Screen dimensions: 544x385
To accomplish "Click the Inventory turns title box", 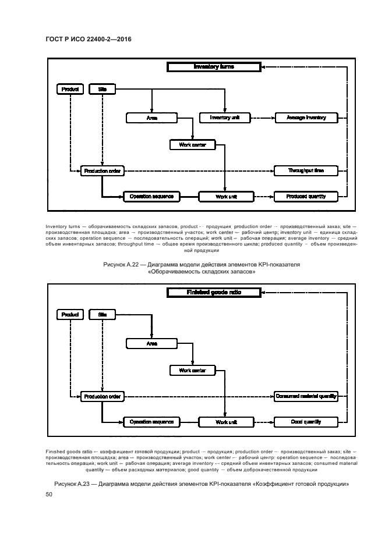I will (213, 67).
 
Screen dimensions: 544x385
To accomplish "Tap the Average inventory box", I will (306, 118).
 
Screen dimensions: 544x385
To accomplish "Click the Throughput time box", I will (306, 171).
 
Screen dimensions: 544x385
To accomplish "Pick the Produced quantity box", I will (306, 197).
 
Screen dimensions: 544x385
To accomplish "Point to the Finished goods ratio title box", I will (213, 292).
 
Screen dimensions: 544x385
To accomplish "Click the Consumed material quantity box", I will (306, 397).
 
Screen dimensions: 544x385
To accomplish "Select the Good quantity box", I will (306, 422).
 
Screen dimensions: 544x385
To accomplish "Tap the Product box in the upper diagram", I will (70, 89).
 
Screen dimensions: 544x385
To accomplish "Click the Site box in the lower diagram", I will (103, 314).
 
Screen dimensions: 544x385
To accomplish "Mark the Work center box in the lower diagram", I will (192, 370).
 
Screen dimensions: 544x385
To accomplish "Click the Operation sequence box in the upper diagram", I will (151, 197).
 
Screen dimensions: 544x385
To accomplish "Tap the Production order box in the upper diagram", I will (102, 171).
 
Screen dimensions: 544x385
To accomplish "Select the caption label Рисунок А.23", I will (74, 483).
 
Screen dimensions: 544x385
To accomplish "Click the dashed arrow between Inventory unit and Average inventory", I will (262, 118).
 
